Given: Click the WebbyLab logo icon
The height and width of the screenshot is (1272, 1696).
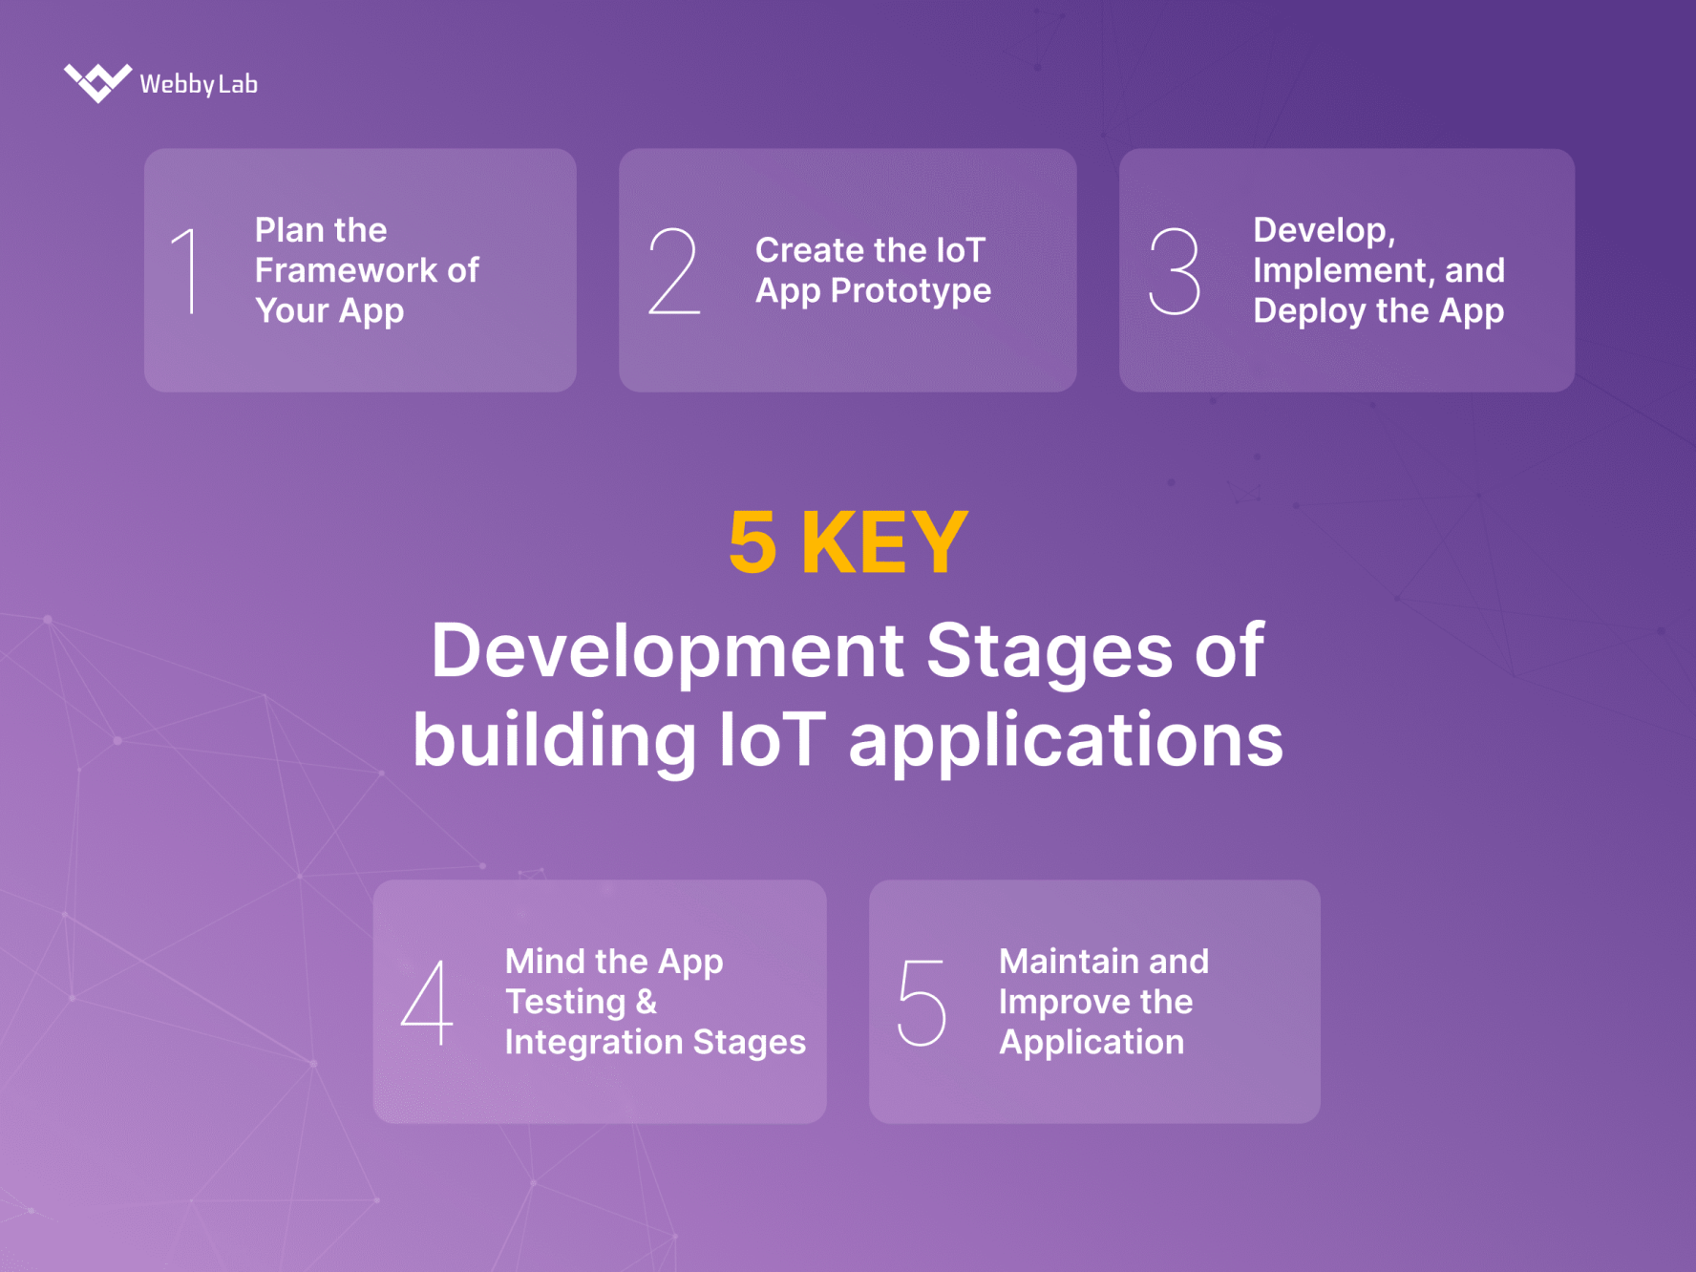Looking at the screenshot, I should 97,82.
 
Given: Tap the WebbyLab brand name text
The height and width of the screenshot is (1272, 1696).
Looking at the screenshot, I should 199,84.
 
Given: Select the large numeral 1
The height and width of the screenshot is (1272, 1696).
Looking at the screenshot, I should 188,271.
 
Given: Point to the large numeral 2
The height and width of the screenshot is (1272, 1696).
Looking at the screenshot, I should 674,271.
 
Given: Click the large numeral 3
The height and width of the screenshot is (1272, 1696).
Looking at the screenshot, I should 1174,271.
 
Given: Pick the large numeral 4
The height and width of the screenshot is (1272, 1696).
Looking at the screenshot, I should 427,1002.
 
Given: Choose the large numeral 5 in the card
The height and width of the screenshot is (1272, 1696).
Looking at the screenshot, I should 922,1002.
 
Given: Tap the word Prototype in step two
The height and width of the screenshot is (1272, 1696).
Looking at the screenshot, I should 911,291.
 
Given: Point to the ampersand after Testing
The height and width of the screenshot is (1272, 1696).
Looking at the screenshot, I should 647,1002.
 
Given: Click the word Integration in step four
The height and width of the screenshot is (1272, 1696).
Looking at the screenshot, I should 593,1043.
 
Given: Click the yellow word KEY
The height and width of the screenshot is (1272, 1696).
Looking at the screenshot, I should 884,542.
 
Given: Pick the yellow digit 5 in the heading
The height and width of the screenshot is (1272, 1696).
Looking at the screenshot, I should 753,542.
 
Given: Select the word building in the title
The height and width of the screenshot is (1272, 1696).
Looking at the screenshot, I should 554,740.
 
